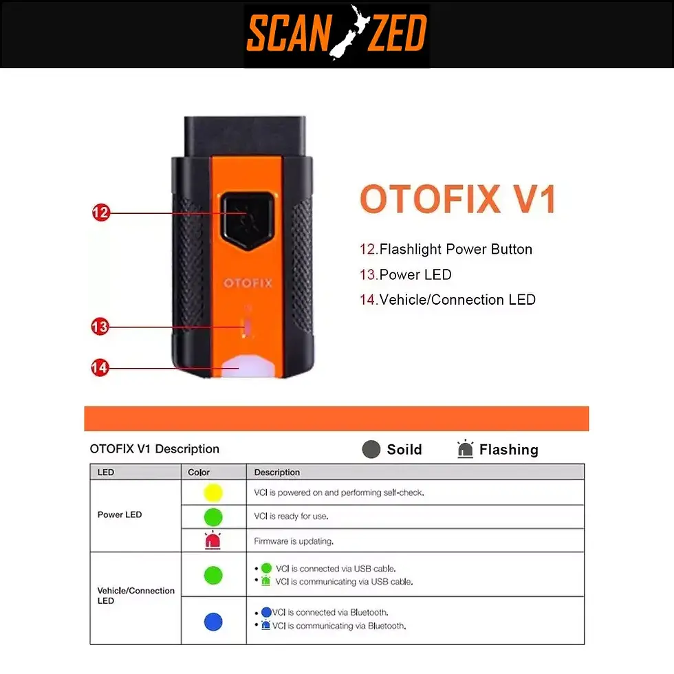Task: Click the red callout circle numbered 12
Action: pos(100,213)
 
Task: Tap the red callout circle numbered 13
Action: pos(100,327)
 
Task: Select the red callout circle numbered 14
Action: pos(100,368)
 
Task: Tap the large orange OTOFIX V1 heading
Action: pos(457,199)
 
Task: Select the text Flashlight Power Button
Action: pos(455,249)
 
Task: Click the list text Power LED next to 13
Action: pos(415,274)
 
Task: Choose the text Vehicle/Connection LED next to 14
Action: pos(457,299)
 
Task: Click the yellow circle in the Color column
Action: pos(214,492)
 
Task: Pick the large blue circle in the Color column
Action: pos(213,621)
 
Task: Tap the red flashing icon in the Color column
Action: pos(213,541)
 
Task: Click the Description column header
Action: pos(277,472)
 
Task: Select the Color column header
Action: pos(199,472)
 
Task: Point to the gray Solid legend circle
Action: pos(371,450)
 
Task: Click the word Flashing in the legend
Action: pos(508,450)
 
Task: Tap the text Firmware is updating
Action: pos(294,541)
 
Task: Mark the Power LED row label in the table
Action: pos(120,514)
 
